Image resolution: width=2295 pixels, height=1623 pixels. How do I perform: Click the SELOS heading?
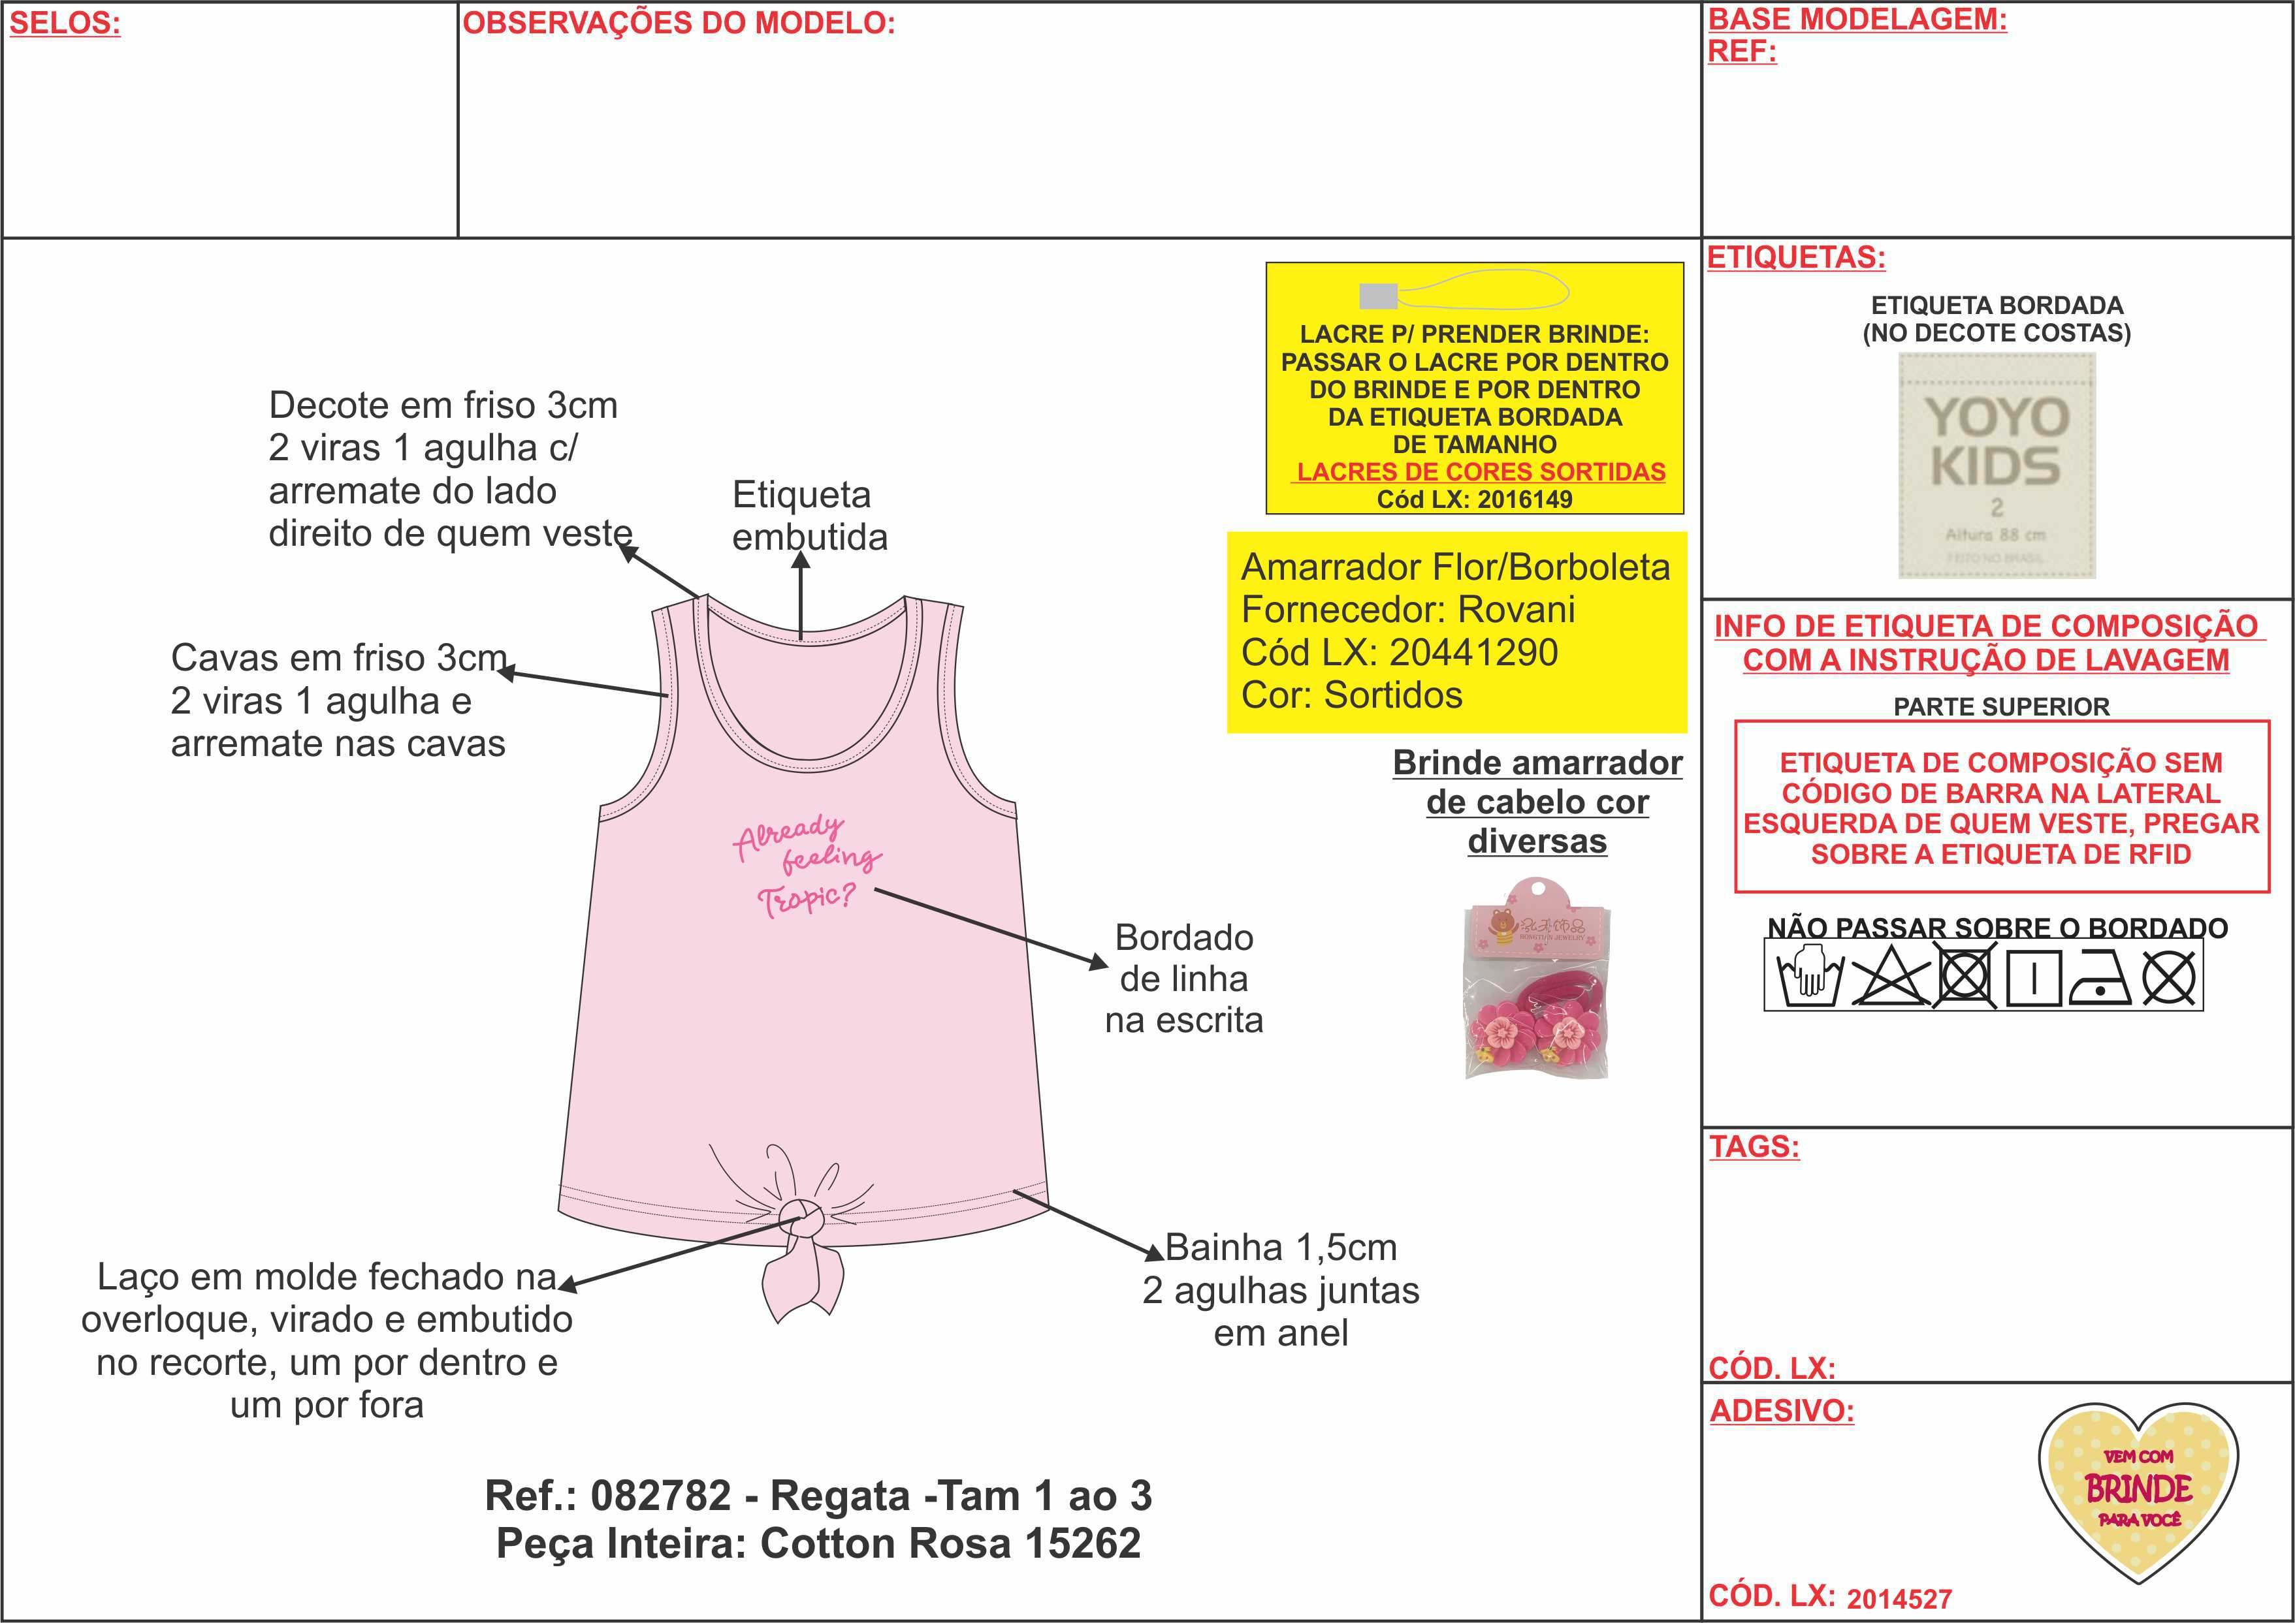click(65, 23)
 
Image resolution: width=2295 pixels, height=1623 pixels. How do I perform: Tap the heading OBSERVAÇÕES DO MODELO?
click(679, 23)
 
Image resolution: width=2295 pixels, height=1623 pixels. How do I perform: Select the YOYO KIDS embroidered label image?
click(1996, 465)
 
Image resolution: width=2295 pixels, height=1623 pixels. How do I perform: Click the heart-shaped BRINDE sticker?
click(2138, 1491)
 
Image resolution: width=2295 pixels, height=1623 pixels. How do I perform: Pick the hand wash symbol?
click(1808, 979)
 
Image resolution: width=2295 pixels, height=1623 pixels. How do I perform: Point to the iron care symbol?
click(2099, 979)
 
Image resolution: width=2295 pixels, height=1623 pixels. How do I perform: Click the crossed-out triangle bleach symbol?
click(1889, 979)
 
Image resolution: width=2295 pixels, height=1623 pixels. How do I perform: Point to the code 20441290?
click(1474, 653)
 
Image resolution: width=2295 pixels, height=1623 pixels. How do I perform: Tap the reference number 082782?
click(661, 1496)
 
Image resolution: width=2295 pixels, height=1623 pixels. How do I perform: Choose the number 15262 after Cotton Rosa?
click(1083, 1544)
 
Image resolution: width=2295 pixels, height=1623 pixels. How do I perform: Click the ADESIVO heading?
click(1781, 1410)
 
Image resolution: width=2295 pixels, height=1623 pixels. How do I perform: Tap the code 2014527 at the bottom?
click(1899, 1599)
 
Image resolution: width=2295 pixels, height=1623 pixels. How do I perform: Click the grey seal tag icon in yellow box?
click(1379, 296)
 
